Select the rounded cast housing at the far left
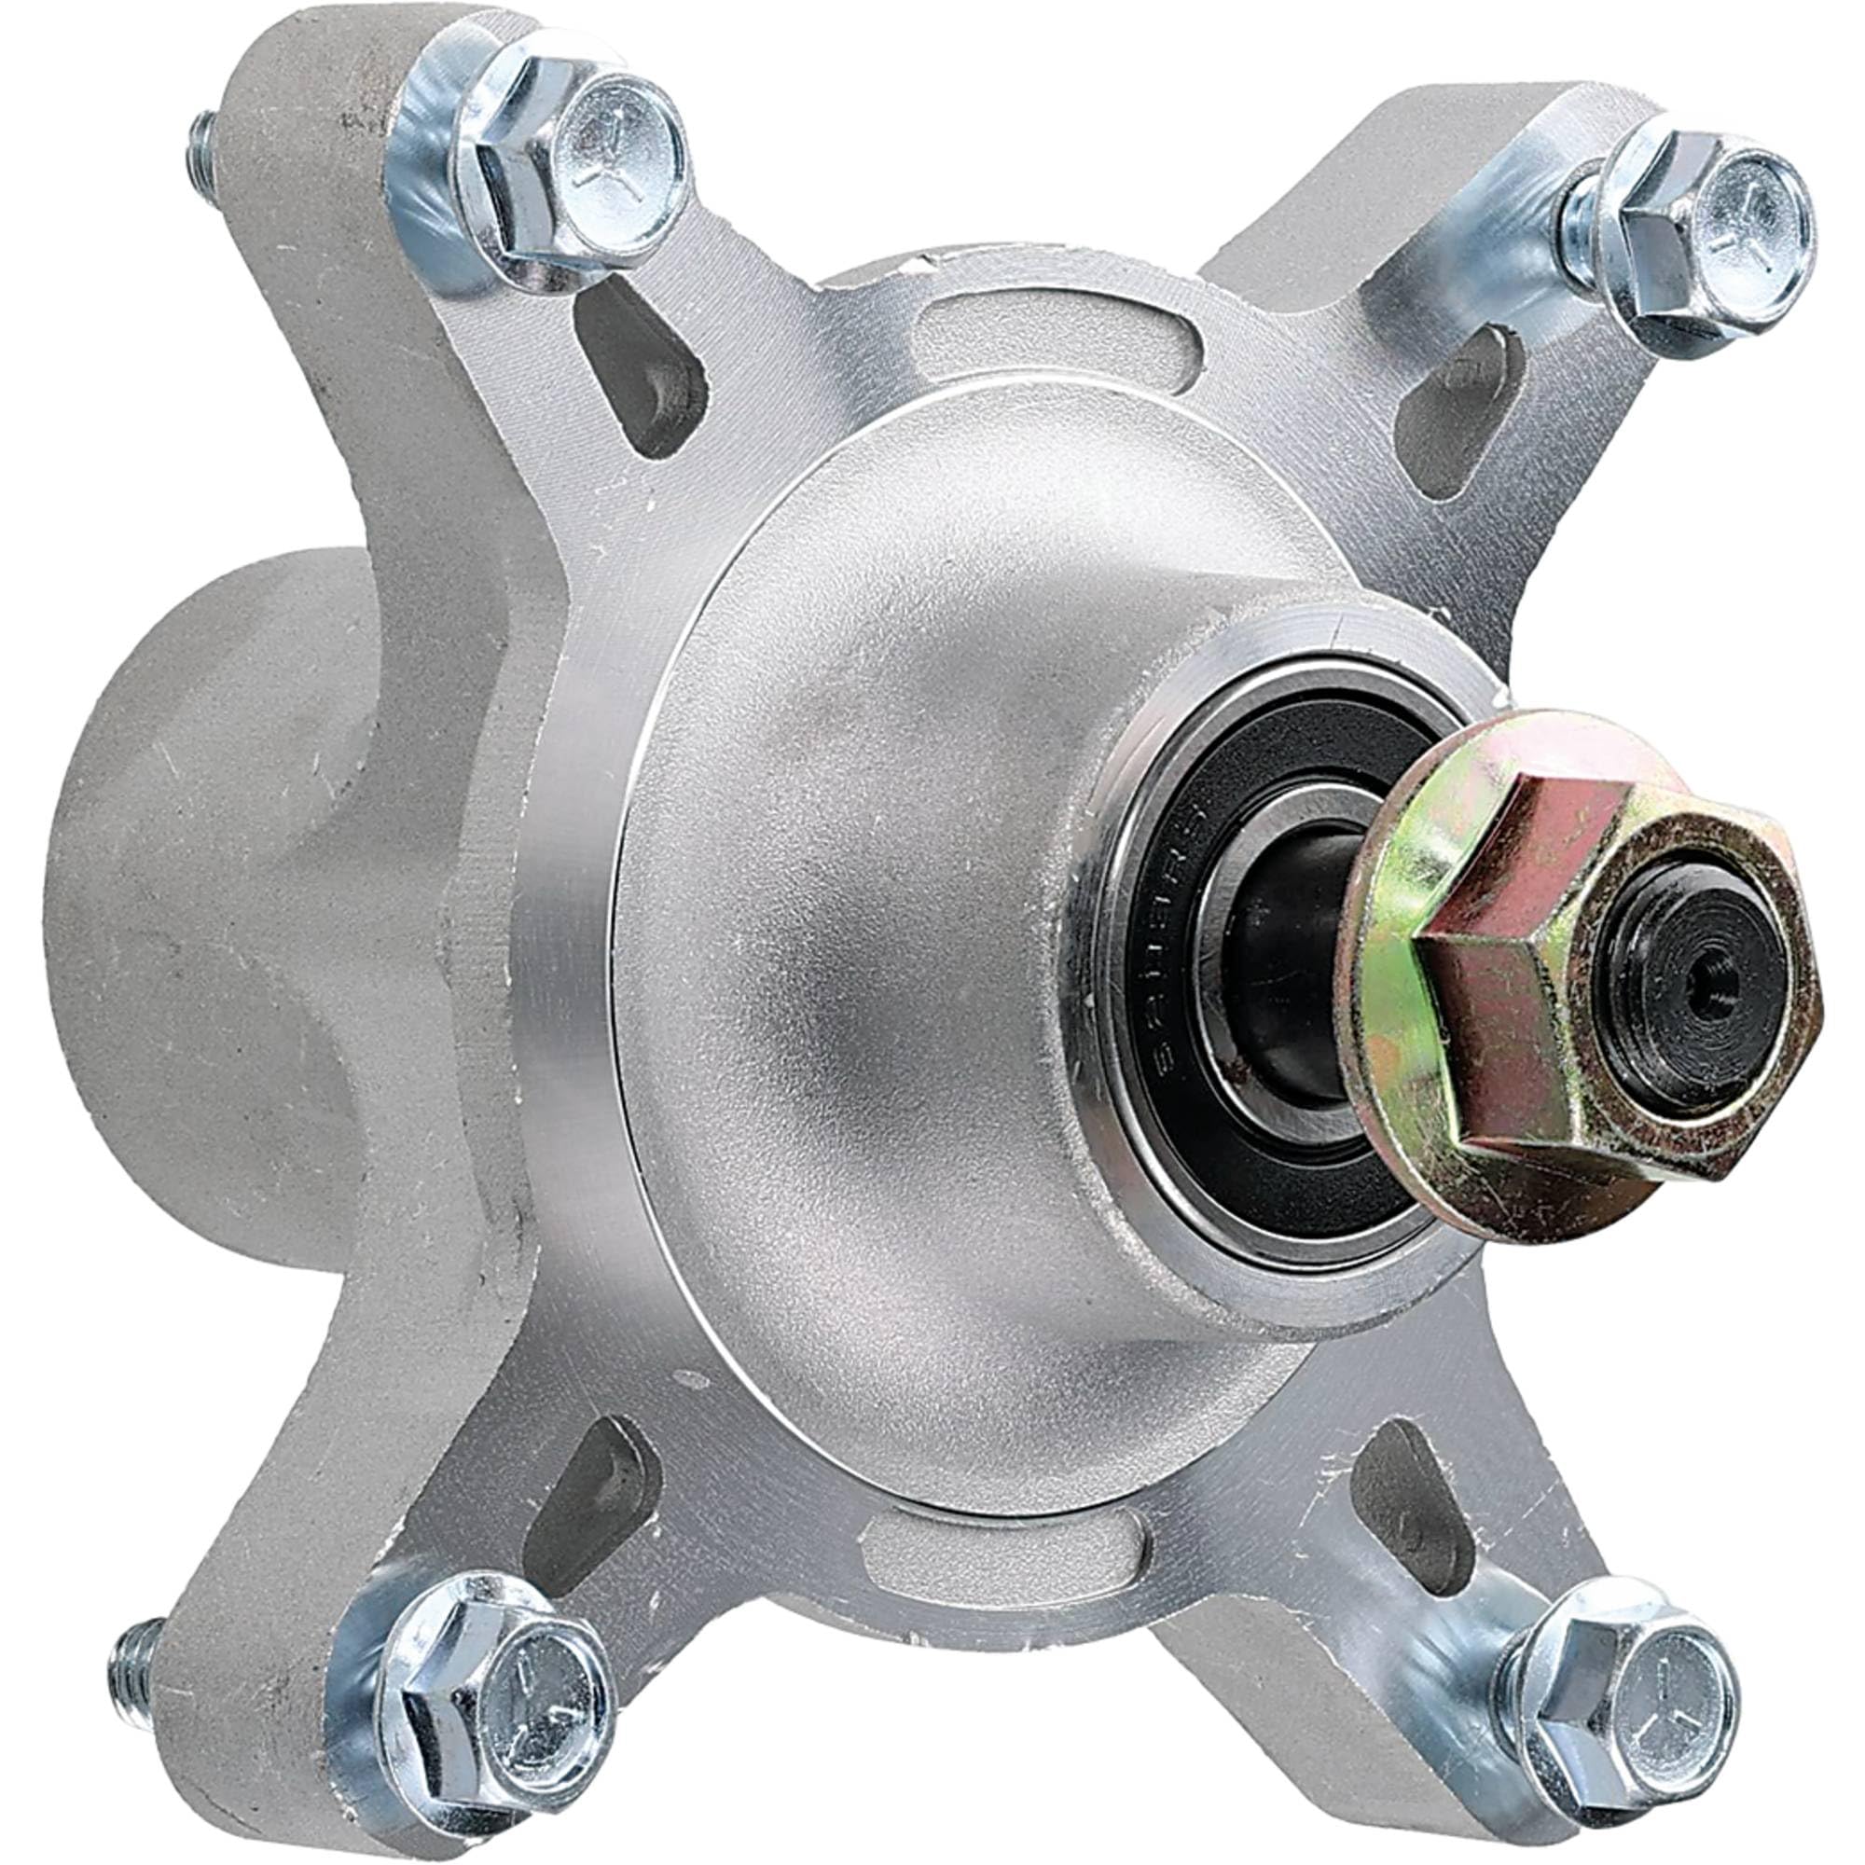click(x=193, y=869)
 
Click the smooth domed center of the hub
click(x=869, y=965)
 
